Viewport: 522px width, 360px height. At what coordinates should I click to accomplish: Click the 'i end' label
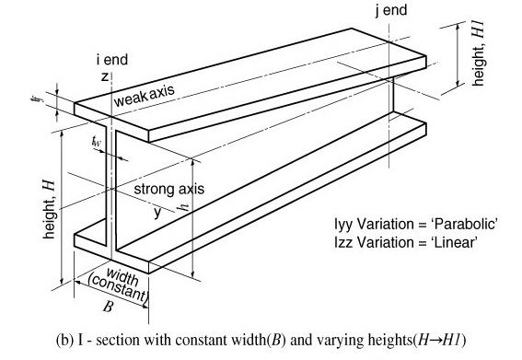click(x=111, y=60)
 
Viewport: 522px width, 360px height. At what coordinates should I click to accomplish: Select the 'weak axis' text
click(x=144, y=96)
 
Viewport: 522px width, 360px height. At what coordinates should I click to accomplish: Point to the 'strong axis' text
click(x=169, y=190)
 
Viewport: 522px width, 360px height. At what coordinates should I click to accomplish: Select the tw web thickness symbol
click(x=98, y=142)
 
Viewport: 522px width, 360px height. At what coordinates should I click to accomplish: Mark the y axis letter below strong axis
click(x=157, y=211)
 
